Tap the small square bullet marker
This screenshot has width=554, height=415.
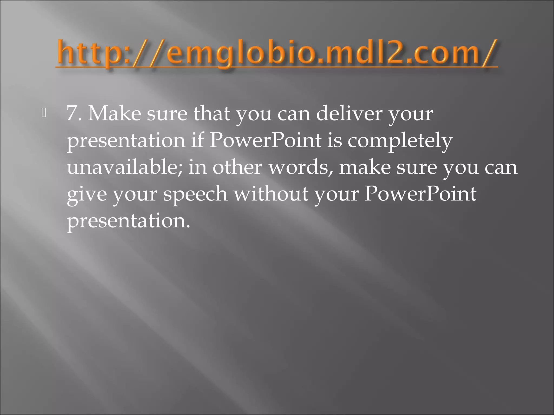click(x=44, y=113)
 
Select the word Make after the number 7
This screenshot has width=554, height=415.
click(x=114, y=113)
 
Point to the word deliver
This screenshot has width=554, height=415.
click(x=349, y=113)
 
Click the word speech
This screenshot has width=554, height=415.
click(x=195, y=194)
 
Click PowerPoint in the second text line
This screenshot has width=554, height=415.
click(x=265, y=140)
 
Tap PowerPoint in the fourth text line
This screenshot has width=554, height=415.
click(x=420, y=194)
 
